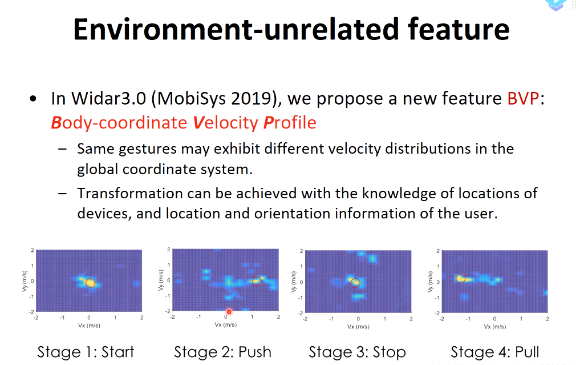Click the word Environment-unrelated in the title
tap(236, 29)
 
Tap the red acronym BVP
tap(523, 98)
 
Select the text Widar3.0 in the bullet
tap(109, 98)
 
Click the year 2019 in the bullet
tap(253, 98)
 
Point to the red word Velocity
tap(225, 123)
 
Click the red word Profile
tap(290, 123)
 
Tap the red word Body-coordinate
tap(119, 123)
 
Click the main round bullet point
tap(33, 99)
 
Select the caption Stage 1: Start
tap(86, 352)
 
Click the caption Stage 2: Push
tap(222, 352)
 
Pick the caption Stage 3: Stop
tap(358, 352)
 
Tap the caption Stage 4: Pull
tap(495, 352)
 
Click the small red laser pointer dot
tap(229, 312)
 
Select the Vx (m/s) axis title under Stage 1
tap(89, 326)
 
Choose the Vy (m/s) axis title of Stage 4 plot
tap(430, 282)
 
